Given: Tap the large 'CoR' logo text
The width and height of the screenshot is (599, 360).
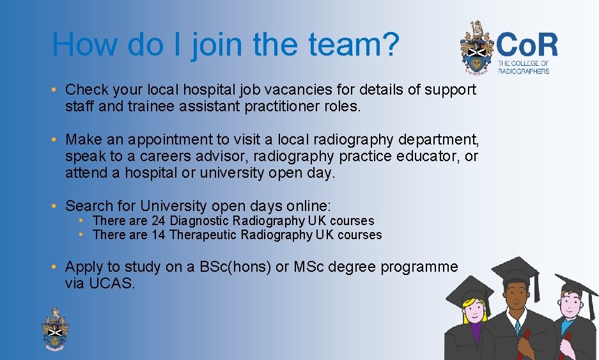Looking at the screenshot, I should (x=527, y=45).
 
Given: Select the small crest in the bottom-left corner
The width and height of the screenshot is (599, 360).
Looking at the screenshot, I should (x=56, y=328).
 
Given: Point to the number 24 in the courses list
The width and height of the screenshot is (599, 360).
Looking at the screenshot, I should (x=159, y=221).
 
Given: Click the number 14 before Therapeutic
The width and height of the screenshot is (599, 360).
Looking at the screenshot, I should (x=159, y=235).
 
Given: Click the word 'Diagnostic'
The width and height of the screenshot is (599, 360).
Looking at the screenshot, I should (x=199, y=221).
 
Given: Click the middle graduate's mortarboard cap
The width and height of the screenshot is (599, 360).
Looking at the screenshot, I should (x=515, y=271).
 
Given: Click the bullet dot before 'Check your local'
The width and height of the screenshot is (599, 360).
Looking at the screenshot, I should (x=56, y=90).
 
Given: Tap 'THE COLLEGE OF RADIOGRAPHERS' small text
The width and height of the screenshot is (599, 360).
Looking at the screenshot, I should (x=523, y=67).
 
